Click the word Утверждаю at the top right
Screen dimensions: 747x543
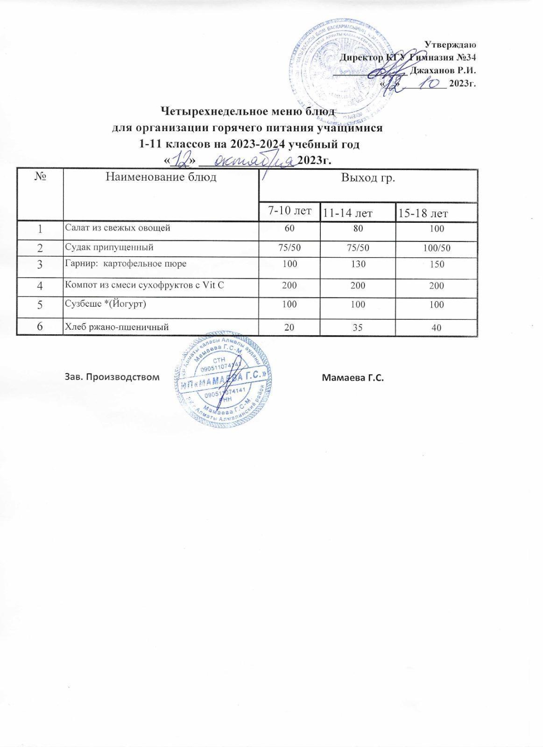[450, 45]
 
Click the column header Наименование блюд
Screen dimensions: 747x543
[161, 177]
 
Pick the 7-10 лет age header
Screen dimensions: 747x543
[289, 211]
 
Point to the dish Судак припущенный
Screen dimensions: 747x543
[108, 247]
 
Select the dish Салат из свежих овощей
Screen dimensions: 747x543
[117, 228]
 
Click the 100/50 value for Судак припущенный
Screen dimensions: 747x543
[437, 248]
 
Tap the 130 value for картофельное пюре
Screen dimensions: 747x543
[358, 265]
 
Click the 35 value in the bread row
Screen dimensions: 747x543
[358, 327]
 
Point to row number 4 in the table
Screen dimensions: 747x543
[40, 285]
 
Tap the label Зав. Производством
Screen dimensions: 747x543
[111, 377]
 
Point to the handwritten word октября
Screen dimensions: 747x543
[253, 161]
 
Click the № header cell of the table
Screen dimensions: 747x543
[40, 177]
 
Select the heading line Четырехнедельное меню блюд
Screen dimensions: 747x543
[248, 112]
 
